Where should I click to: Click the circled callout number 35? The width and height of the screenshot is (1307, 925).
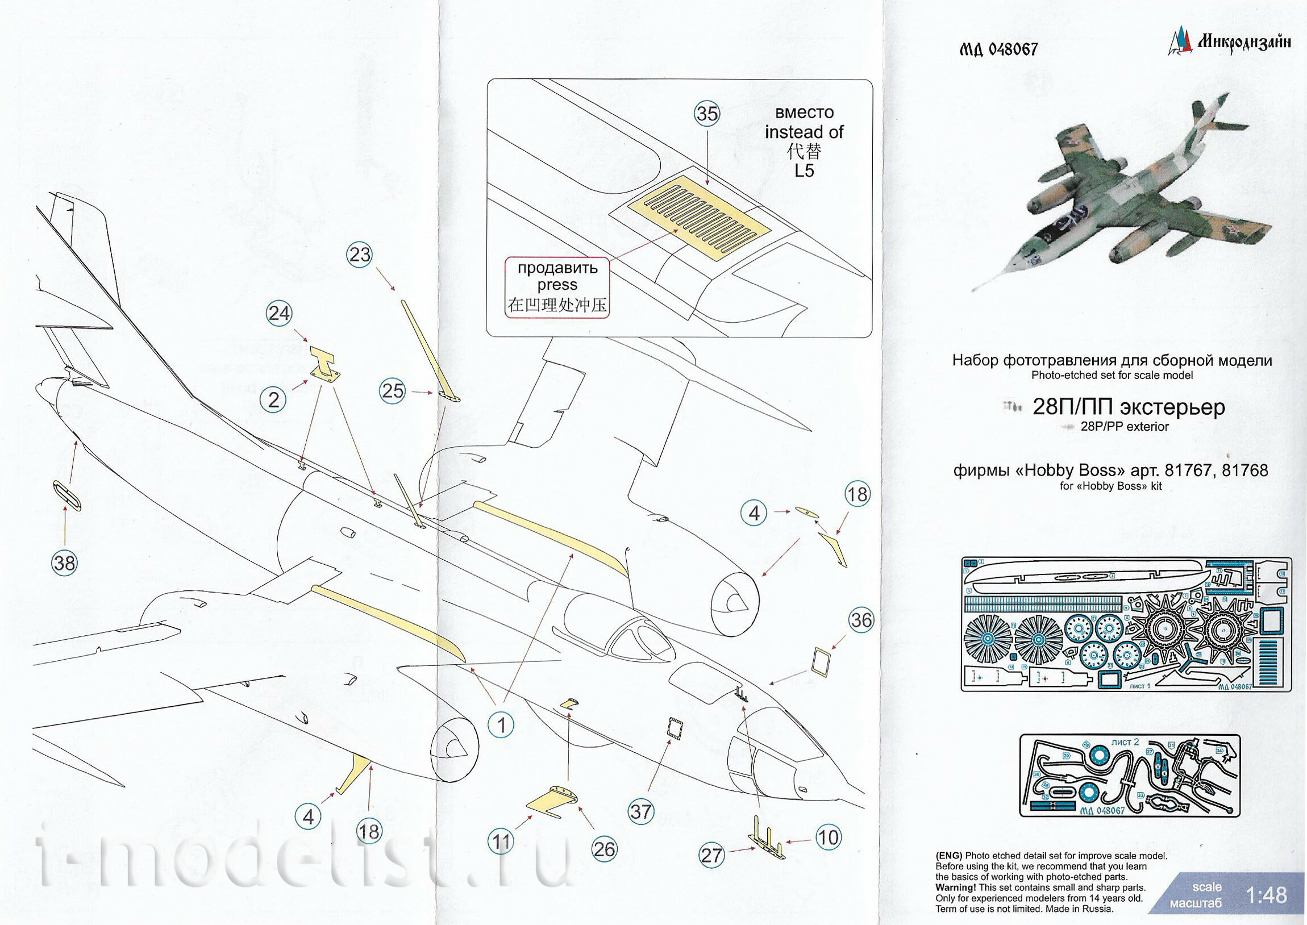tap(707, 113)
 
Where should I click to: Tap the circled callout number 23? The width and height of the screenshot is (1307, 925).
tap(359, 254)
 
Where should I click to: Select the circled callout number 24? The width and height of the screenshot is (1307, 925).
tap(279, 313)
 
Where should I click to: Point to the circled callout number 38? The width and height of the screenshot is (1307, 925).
tap(64, 562)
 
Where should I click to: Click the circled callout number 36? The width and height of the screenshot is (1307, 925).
tap(861, 619)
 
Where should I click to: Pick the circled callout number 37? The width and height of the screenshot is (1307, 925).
tap(640, 811)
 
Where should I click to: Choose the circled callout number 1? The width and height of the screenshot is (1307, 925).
tap(502, 725)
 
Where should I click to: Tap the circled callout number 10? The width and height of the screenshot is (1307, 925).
tap(827, 838)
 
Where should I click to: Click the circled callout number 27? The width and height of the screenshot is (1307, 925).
tap(711, 855)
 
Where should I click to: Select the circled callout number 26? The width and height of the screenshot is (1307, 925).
tap(604, 849)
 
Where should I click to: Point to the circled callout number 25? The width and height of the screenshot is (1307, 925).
tap(393, 391)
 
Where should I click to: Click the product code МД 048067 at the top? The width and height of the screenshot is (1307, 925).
tap(998, 49)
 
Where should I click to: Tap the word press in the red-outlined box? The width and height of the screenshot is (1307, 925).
tap(557, 285)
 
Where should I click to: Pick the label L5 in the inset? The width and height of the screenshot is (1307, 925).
tap(804, 171)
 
